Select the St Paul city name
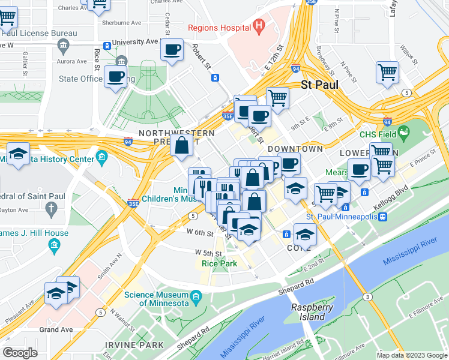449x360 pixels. [x=320, y=85]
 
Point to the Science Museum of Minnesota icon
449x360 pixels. [x=196, y=297]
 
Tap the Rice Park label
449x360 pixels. [x=218, y=263]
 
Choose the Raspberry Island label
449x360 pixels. [x=312, y=311]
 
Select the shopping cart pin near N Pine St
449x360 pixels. [x=388, y=72]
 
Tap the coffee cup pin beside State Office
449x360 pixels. [x=115, y=76]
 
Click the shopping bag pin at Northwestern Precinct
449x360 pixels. [x=181, y=145]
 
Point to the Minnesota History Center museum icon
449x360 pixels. [x=101, y=159]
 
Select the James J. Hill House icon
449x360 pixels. [x=55, y=245]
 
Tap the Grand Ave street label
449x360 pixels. [x=56, y=329]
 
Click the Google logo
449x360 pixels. [x=20, y=353]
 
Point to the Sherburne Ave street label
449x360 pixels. [x=121, y=22]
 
